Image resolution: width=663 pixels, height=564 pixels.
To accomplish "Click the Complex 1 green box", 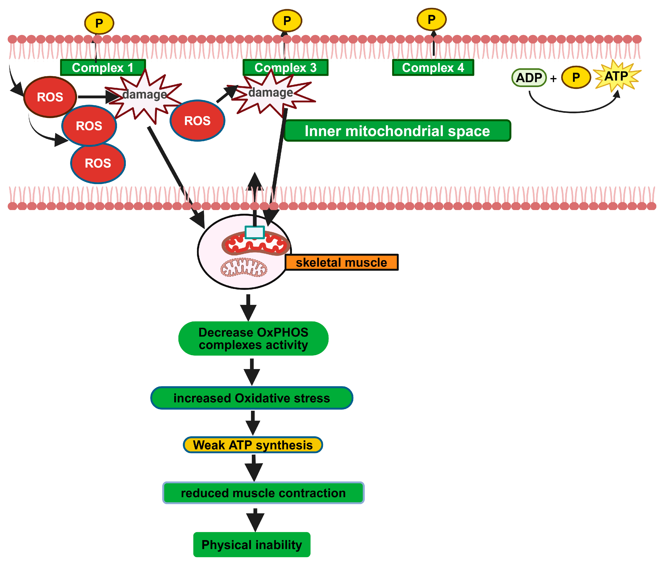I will pyautogui.click(x=103, y=67).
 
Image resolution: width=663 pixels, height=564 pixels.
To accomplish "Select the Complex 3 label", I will pyautogui.click(x=285, y=67).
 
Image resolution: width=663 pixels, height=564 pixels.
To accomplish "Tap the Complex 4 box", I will pyautogui.click(x=433, y=67).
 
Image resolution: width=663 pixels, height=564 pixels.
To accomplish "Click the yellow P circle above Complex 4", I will pyautogui.click(x=431, y=19).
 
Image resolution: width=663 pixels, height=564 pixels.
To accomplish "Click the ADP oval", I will pyautogui.click(x=529, y=78).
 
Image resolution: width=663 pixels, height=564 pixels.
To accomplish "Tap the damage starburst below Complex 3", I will pyautogui.click(x=271, y=93).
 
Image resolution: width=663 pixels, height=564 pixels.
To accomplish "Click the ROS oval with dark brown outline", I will pyautogui.click(x=50, y=97).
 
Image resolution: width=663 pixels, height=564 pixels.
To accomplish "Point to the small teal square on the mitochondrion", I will pyautogui.click(x=254, y=232).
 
